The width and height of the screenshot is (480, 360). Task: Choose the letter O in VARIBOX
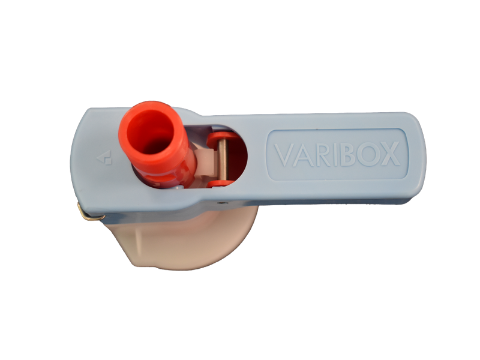point(367,154)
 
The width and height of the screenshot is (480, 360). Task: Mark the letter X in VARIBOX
point(390,154)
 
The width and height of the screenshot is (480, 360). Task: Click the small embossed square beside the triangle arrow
point(109,161)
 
